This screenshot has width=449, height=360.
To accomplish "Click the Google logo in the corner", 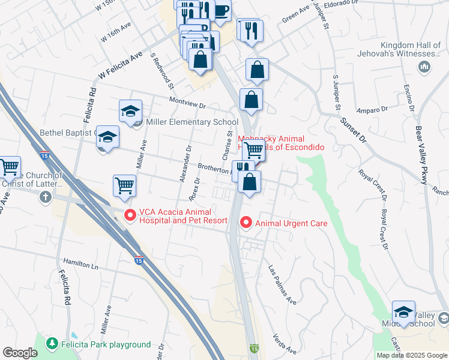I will (20, 353).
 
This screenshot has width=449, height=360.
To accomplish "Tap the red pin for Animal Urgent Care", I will (246, 223).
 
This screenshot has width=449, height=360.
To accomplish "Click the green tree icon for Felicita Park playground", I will (53, 344).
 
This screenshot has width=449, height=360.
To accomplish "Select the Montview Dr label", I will (187, 103).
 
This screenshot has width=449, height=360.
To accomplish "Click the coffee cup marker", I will (221, 11).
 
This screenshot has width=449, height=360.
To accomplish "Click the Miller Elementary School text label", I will (184, 122).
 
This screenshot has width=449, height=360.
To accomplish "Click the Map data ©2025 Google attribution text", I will (411, 355).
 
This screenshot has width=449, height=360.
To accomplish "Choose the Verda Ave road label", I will (285, 343).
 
